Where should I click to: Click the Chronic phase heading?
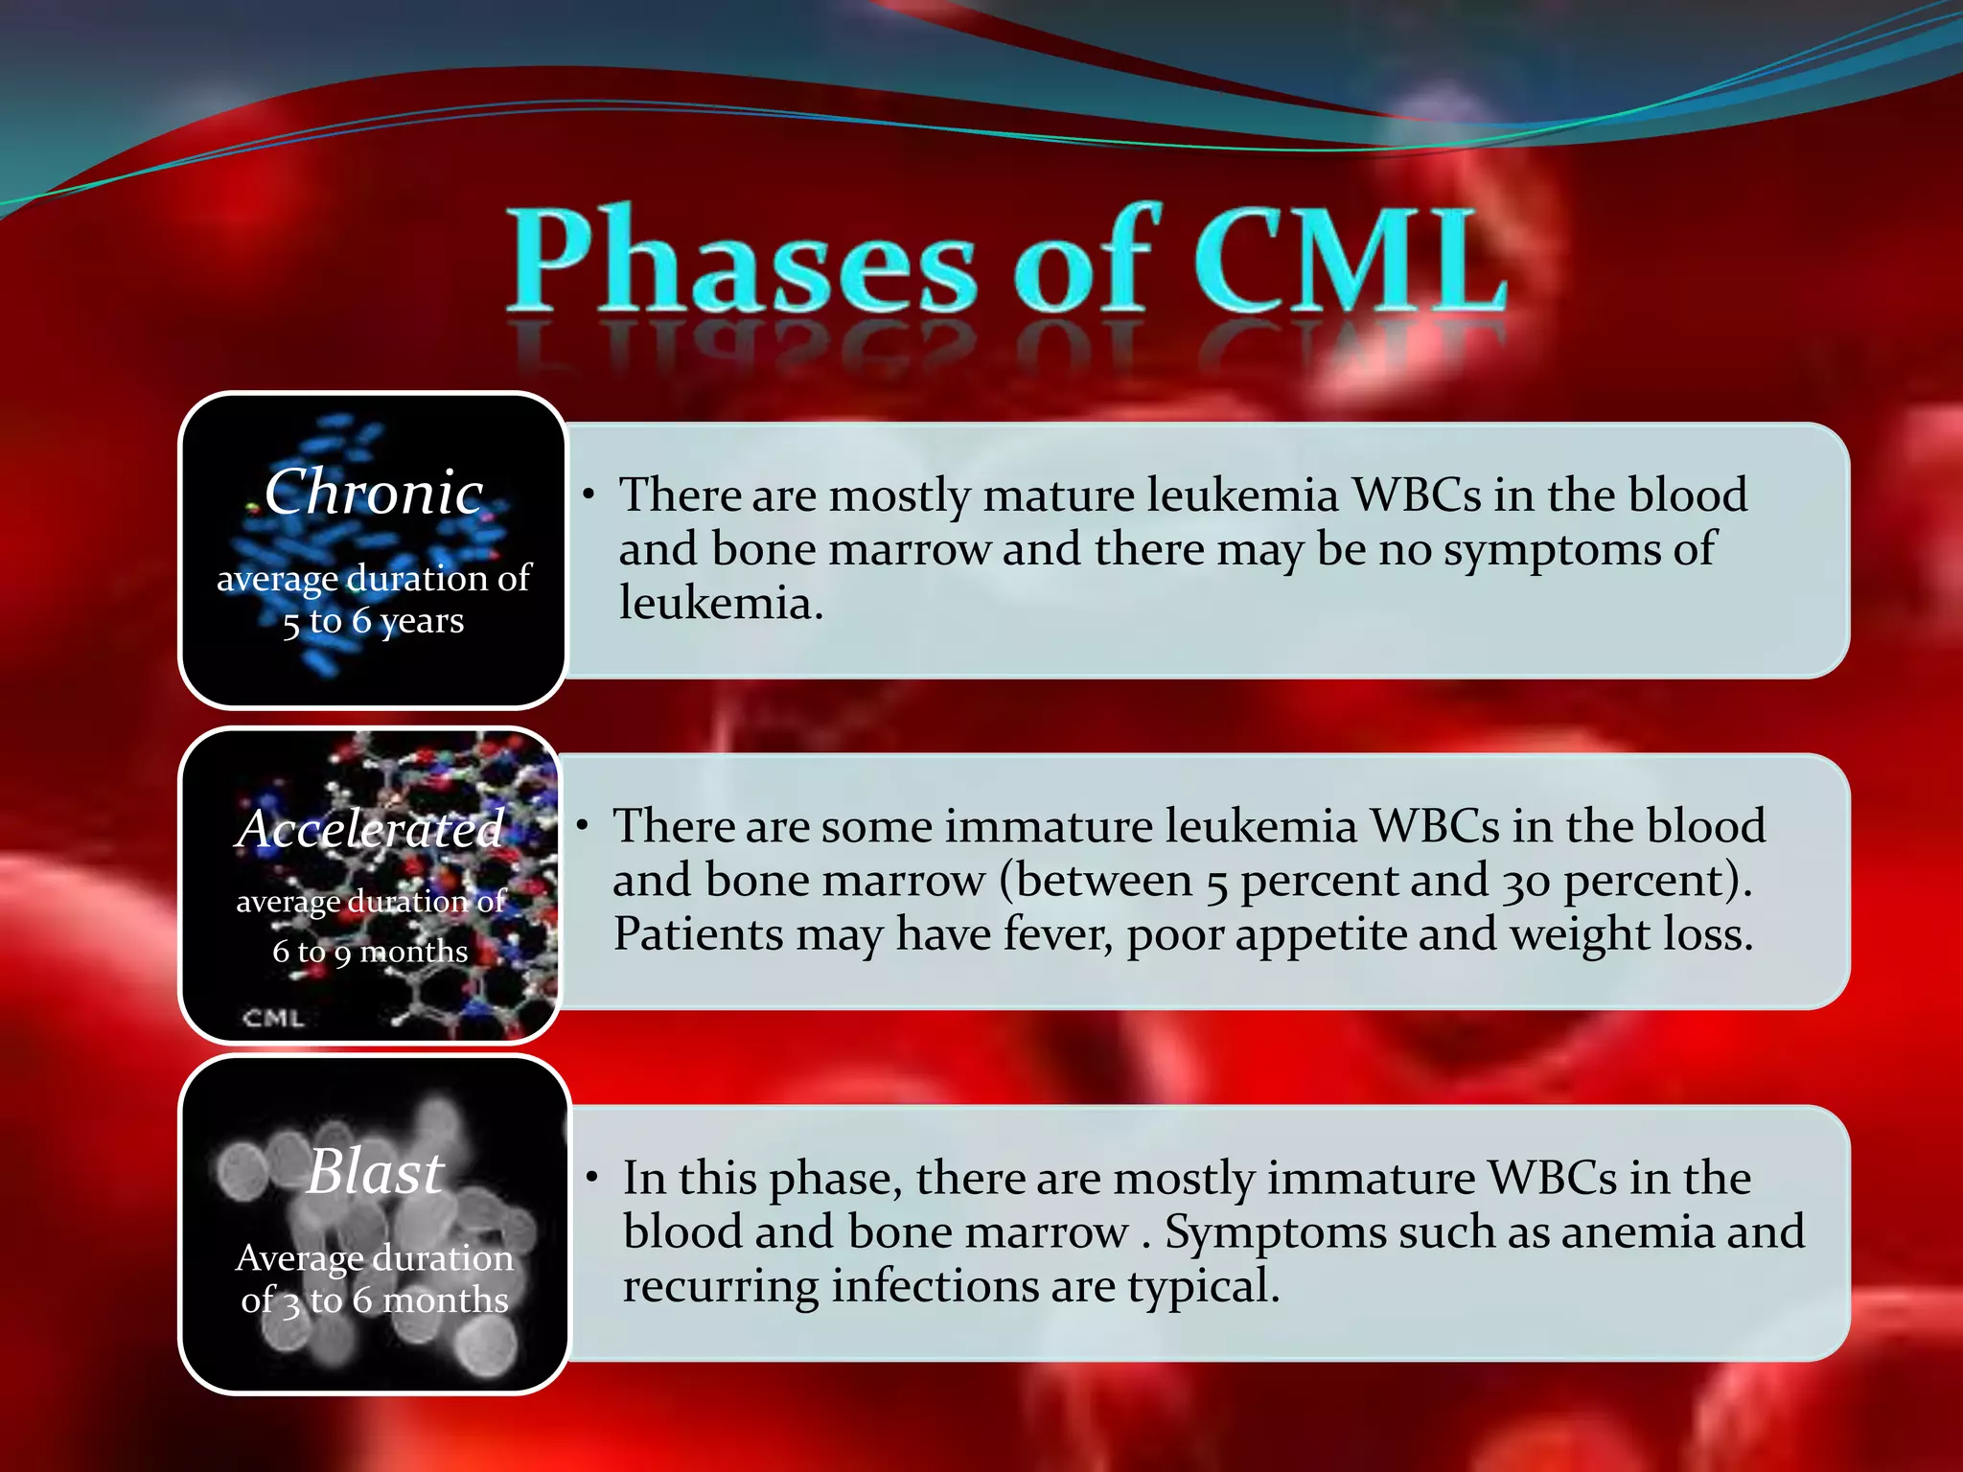point(373,493)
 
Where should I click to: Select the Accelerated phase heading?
point(370,829)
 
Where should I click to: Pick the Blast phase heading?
point(376,1171)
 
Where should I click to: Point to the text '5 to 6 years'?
point(373,622)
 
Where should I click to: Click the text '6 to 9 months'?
point(370,952)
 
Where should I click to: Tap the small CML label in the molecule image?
point(273,1018)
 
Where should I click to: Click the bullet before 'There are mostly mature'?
point(589,495)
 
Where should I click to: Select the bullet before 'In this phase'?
point(593,1178)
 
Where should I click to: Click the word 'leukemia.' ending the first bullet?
point(721,604)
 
